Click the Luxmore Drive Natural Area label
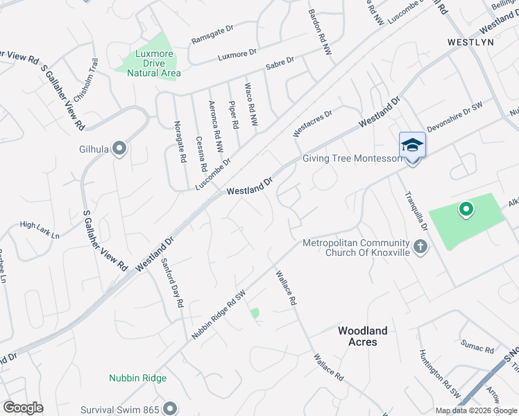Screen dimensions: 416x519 (x=153, y=63)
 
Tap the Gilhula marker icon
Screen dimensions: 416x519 (x=119, y=148)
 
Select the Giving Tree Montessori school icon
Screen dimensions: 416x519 (x=412, y=146)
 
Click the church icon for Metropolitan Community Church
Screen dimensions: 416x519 (x=420, y=245)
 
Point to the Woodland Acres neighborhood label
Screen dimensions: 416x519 (x=362, y=336)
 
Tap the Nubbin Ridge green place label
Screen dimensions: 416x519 (x=137, y=378)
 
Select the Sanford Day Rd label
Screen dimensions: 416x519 (x=172, y=283)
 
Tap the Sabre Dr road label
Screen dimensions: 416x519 (x=280, y=64)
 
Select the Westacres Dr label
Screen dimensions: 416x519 (x=312, y=122)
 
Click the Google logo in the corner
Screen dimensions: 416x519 (x=23, y=407)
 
